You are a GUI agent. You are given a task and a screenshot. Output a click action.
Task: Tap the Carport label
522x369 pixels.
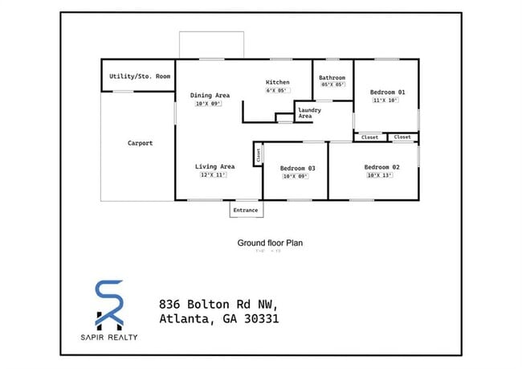140,143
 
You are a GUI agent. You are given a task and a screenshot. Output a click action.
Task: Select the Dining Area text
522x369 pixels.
210,96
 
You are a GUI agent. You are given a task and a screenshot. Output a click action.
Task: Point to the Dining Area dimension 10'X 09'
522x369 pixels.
206,104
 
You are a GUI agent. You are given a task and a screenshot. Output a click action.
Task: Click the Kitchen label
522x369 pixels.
277,82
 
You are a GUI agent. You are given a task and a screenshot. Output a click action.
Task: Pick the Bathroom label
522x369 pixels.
332,77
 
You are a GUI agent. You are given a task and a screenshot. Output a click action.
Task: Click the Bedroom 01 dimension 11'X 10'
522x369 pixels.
385,100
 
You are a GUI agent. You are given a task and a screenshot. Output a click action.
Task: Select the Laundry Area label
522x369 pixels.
305,113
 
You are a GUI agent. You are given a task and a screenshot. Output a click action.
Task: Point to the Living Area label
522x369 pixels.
214,167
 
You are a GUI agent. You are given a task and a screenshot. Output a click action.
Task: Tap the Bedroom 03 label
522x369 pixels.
297,168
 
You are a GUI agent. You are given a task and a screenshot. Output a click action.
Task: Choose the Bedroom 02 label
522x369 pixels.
382,167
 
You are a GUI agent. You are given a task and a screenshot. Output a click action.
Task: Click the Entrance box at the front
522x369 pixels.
245,210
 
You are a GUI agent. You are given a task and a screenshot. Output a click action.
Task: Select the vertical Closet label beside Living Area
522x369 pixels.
258,155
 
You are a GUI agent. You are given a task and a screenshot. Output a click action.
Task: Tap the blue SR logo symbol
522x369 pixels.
109,304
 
